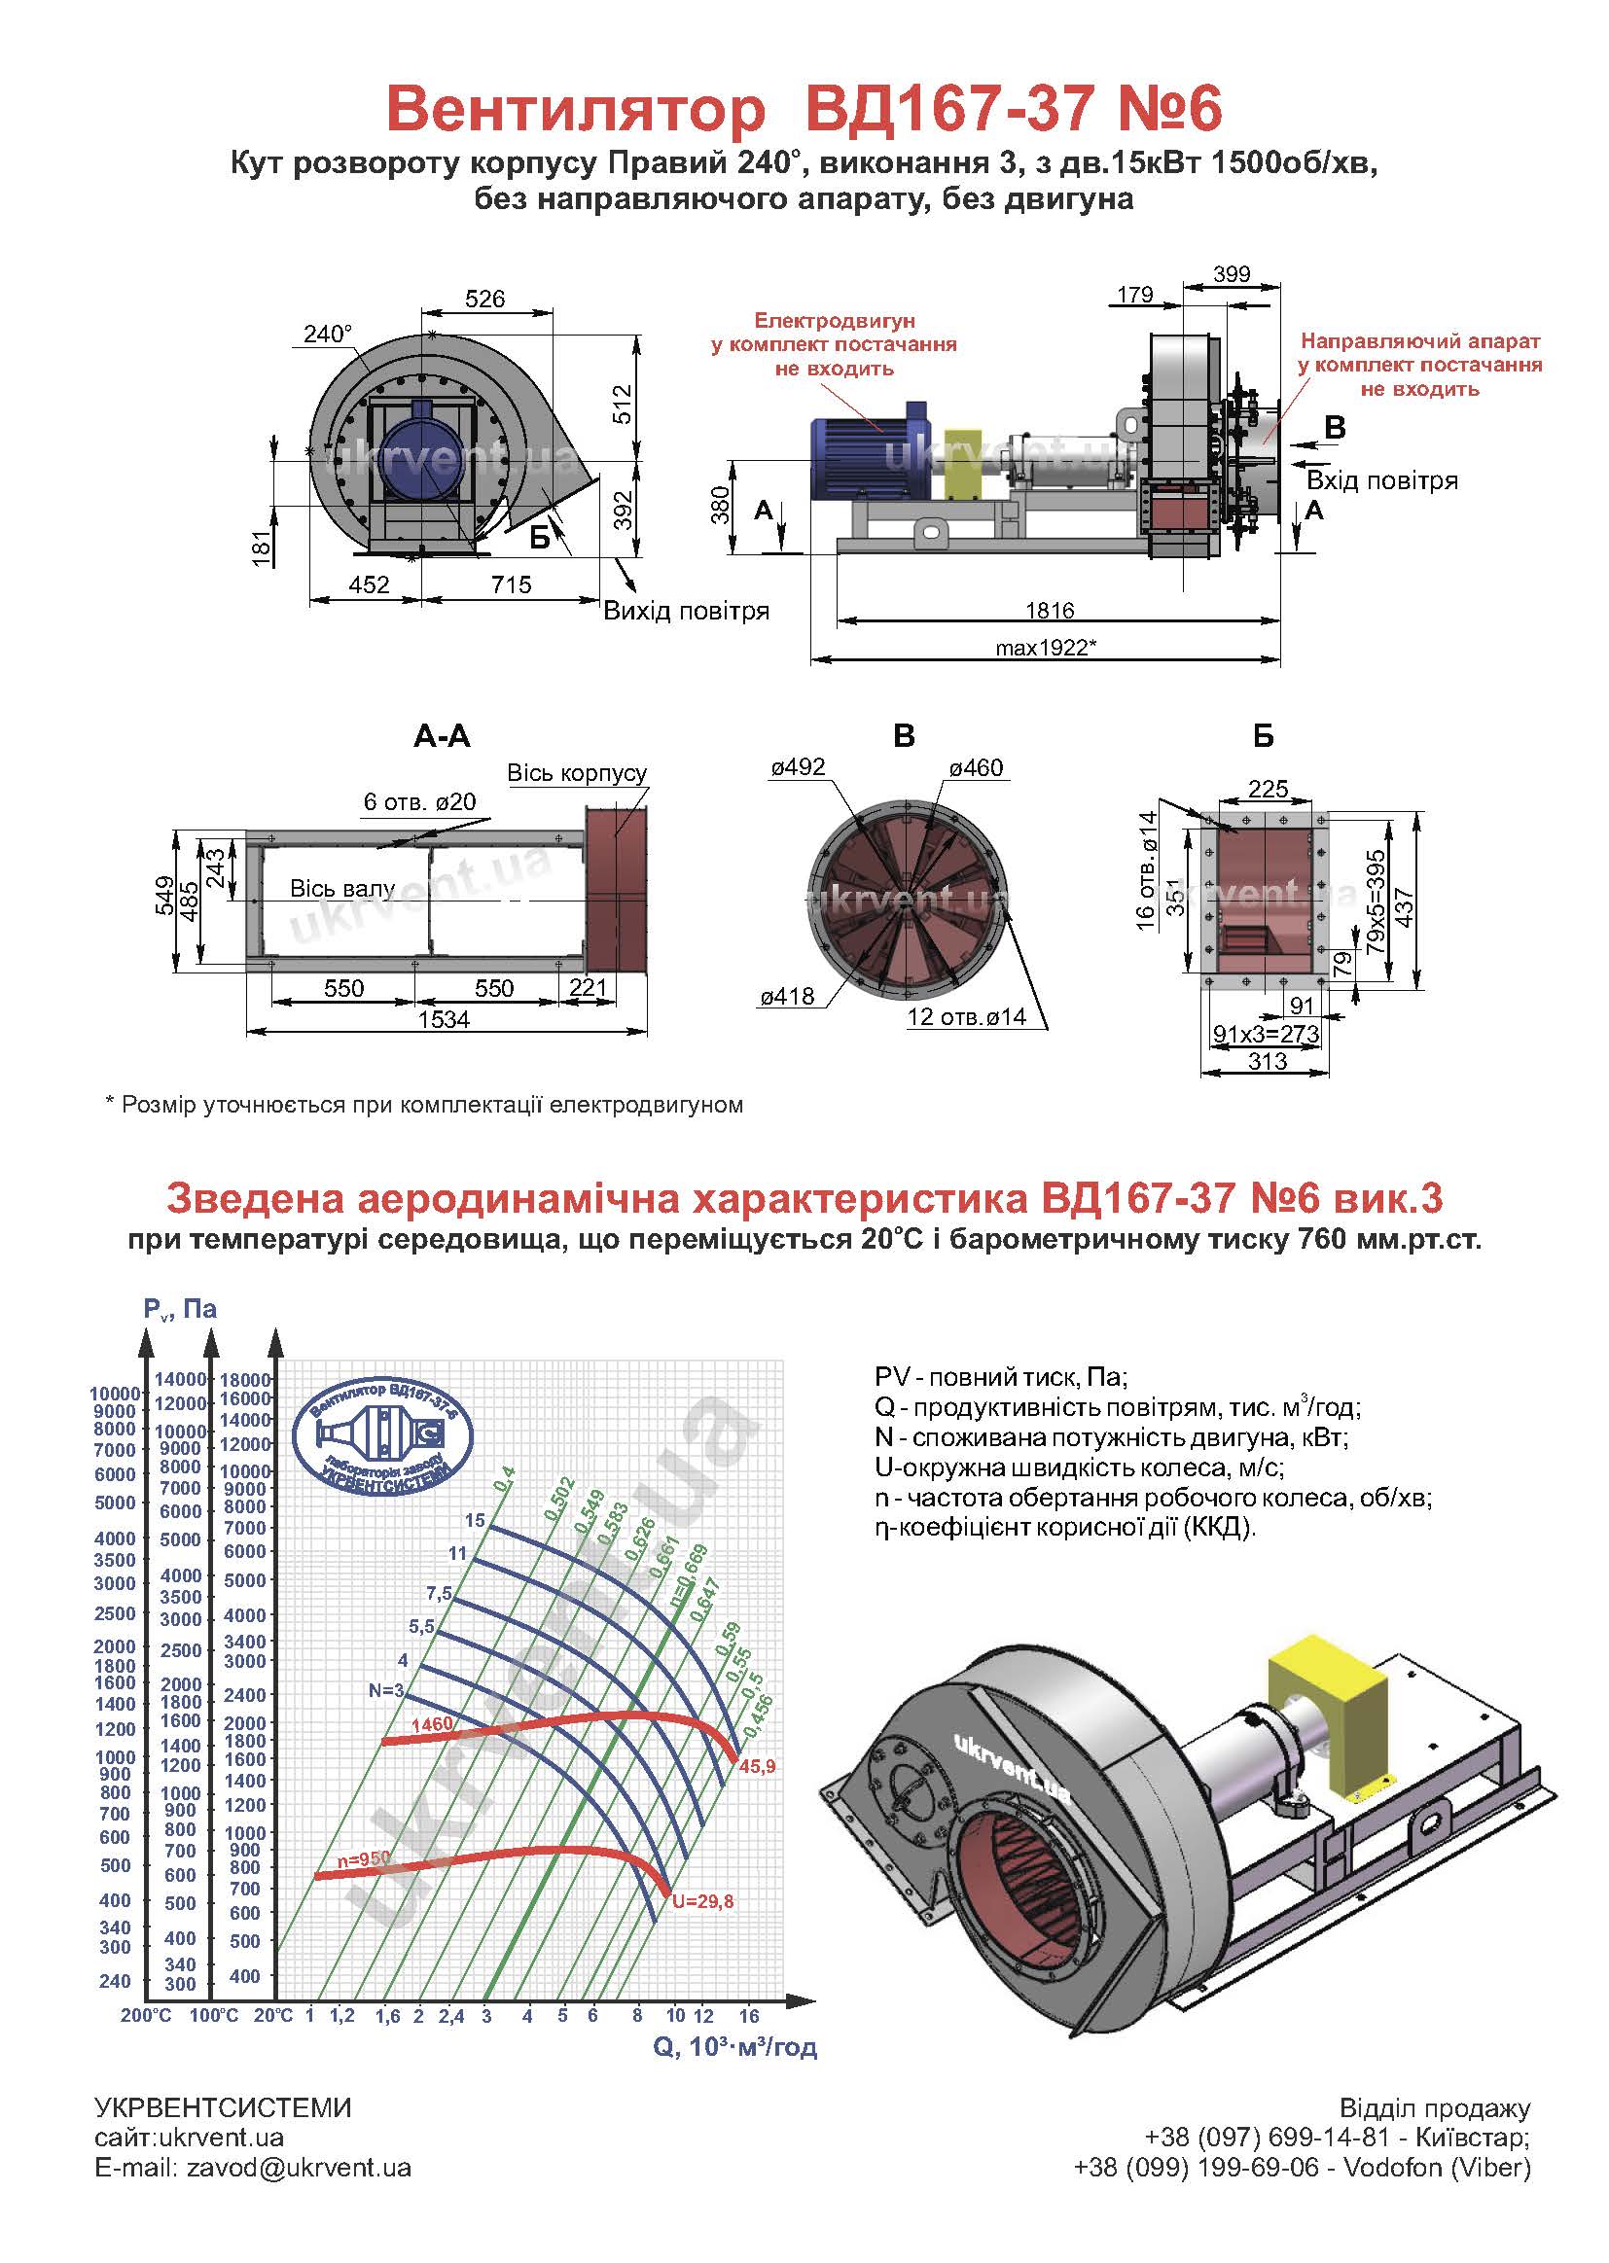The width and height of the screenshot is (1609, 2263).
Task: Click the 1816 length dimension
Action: coord(1051,610)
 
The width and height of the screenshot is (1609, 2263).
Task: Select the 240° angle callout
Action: coord(327,335)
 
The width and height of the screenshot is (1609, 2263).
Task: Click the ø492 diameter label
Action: coord(798,767)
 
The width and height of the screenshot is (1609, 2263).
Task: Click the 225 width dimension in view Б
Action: coord(1268,789)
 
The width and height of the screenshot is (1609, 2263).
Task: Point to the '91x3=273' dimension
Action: coord(1267,1034)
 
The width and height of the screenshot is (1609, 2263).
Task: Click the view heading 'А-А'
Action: coord(442,736)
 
